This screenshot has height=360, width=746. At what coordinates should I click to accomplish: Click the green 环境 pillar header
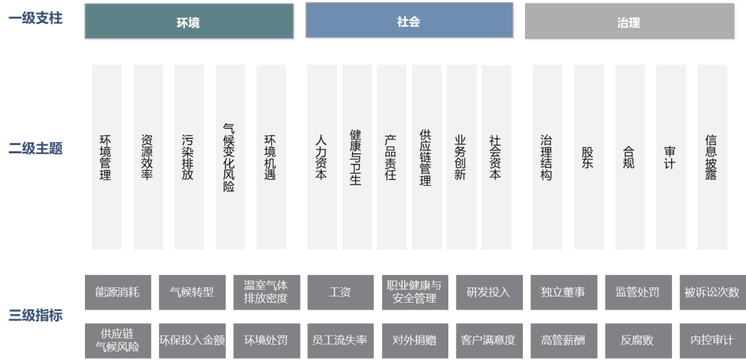coord(189,21)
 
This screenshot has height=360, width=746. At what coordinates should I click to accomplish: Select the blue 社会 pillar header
coord(409,20)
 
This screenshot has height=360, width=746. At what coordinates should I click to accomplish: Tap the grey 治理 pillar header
coord(629,21)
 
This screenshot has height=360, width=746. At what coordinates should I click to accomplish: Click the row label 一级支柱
coord(36,19)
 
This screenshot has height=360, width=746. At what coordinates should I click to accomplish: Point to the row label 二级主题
coord(36,149)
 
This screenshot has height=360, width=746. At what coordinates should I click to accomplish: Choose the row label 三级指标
coord(36,315)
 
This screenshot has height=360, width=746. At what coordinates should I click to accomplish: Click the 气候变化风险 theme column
coord(230,157)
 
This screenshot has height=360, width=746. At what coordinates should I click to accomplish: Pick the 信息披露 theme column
coord(712,157)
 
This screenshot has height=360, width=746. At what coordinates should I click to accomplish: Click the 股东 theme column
coord(589,157)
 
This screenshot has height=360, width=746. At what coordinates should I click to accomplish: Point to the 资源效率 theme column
coord(148,157)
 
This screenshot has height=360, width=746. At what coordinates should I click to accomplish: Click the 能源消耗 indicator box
coord(118,292)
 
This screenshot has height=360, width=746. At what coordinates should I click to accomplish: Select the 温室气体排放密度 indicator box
coord(267,292)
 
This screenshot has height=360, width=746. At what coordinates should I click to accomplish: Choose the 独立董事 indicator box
coord(564,292)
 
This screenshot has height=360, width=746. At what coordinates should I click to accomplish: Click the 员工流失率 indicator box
coord(341,341)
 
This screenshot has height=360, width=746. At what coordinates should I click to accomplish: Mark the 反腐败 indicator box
coord(638,341)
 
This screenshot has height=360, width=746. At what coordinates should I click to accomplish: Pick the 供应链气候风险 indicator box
coord(118,341)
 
